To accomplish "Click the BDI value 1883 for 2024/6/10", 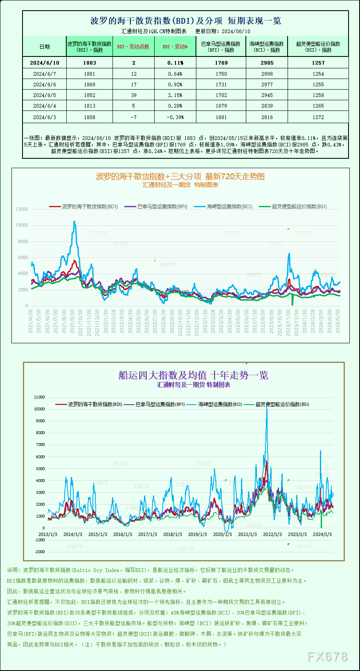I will coord(89,63).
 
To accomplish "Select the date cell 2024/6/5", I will coord(44,95).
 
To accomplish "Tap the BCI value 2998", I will coord(267,74).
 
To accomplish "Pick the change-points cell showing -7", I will coord(133,117).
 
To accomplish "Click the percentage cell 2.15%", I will coord(175,95).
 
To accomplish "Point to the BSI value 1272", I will coord(318,117).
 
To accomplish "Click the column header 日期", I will coord(45,47).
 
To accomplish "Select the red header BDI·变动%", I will coord(175,47).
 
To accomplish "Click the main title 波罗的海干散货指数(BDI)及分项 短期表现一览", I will coord(185,21).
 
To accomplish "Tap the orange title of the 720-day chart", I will coord(180,176).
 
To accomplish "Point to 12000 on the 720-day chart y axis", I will coord(22,209).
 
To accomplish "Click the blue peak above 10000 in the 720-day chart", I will coord(74,222).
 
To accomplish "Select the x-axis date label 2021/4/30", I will coord(31,321).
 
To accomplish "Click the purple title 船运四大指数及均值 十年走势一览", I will coord(193,375).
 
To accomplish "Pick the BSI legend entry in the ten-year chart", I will coord(278,404).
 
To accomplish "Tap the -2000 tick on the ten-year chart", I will coord(40,552).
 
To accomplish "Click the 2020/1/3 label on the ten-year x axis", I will coord(222,534).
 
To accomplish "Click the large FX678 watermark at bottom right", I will coord(327,657).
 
